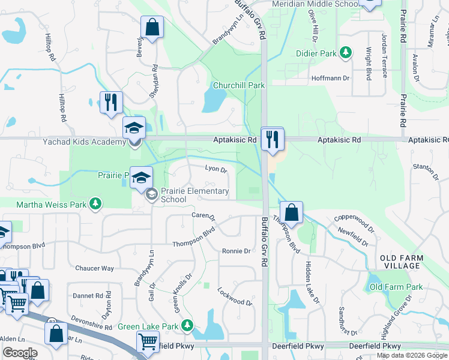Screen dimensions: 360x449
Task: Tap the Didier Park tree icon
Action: click(x=346, y=53)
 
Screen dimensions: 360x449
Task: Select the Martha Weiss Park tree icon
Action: click(x=95, y=205)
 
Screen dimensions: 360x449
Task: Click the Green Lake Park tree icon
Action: click(x=187, y=326)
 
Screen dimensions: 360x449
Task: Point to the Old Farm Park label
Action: click(x=396, y=287)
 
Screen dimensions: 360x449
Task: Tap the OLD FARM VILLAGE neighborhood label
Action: click(x=402, y=262)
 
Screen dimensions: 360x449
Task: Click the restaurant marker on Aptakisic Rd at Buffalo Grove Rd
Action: click(x=272, y=139)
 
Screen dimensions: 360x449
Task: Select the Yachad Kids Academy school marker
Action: click(x=134, y=128)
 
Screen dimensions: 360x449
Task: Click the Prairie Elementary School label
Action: click(x=195, y=195)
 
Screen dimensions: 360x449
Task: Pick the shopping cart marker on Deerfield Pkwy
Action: click(x=148, y=343)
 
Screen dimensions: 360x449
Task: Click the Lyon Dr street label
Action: click(x=216, y=170)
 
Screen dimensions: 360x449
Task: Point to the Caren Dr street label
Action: click(x=203, y=214)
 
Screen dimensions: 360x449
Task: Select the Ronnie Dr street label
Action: click(x=236, y=251)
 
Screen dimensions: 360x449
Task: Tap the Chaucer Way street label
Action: click(x=94, y=268)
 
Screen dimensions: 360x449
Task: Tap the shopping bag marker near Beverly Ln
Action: click(x=152, y=28)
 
